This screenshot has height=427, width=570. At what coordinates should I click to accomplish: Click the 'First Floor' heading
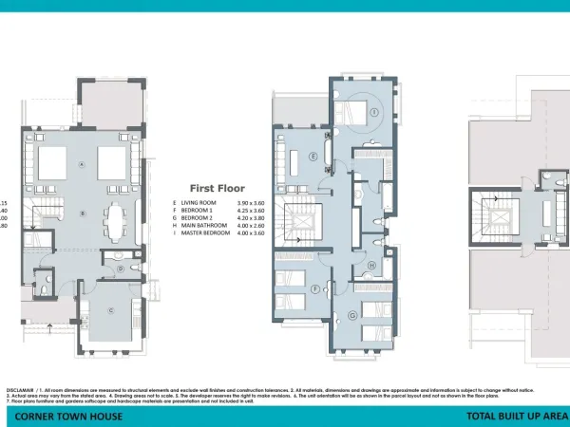click(218, 188)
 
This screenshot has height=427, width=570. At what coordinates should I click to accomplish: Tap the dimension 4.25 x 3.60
click(250, 211)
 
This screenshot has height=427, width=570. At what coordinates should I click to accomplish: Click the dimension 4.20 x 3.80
click(250, 218)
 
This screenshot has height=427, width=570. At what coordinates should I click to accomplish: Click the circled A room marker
click(83, 164)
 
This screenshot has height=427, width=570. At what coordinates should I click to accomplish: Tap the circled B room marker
click(83, 213)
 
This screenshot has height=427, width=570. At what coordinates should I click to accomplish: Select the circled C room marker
click(110, 310)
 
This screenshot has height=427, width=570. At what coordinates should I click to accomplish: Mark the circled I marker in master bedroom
click(374, 111)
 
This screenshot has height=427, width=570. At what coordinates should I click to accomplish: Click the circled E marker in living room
click(313, 157)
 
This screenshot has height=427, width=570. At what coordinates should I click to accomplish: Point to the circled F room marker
click(314, 288)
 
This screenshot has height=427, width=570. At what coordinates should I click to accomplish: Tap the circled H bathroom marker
click(372, 265)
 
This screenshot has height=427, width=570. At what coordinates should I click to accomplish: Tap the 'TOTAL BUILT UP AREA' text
click(516, 417)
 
